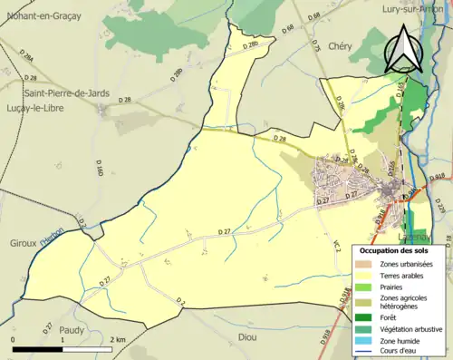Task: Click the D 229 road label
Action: [x=439, y=209]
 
